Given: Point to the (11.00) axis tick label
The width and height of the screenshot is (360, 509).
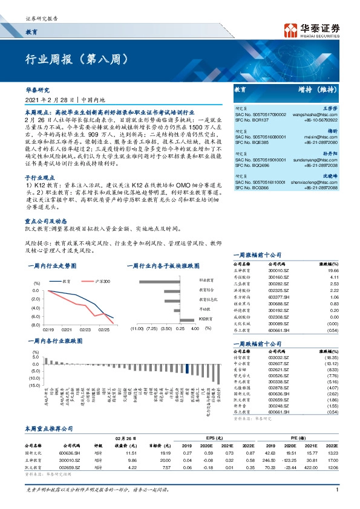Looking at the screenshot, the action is point(136,328).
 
